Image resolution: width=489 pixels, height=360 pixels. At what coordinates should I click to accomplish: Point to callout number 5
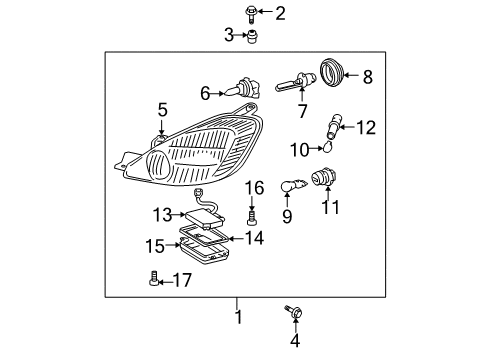(162, 108)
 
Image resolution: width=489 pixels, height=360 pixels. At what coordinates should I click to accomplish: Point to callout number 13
(162, 214)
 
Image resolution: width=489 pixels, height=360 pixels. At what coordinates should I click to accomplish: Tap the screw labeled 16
(253, 213)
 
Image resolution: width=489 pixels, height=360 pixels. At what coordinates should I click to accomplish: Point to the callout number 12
(366, 127)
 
